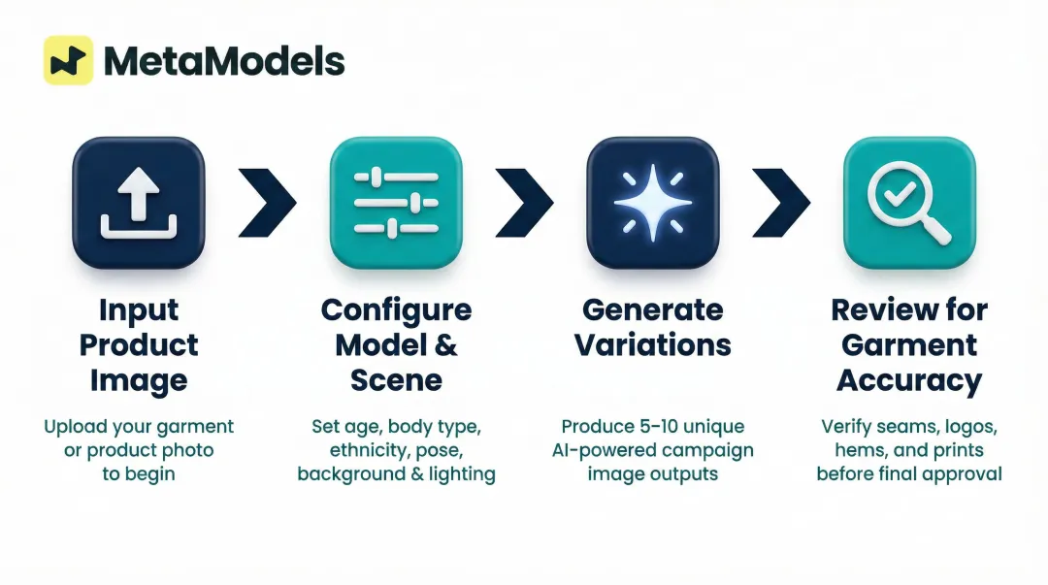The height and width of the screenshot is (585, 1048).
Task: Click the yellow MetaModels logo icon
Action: pyautogui.click(x=69, y=60)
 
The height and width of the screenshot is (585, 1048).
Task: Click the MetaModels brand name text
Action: pyautogui.click(x=224, y=61)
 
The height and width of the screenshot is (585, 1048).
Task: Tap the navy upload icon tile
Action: pyautogui.click(x=139, y=203)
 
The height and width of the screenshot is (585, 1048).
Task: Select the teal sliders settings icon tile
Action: pyautogui.click(x=396, y=203)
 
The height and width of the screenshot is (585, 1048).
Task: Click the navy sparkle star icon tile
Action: pyautogui.click(x=653, y=203)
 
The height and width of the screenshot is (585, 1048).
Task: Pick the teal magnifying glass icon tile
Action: pyautogui.click(x=909, y=203)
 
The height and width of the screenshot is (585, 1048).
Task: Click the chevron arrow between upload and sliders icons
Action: pyautogui.click(x=268, y=202)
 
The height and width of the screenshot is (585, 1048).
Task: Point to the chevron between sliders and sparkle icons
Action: pyautogui.click(x=525, y=202)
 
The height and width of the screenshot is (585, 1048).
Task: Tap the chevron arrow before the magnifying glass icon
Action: pyautogui.click(x=782, y=202)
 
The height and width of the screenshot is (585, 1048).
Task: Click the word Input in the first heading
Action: pyautogui.click(x=139, y=311)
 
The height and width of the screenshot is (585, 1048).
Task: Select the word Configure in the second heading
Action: pyautogui.click(x=396, y=310)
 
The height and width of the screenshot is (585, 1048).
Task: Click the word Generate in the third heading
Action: pyautogui.click(x=653, y=310)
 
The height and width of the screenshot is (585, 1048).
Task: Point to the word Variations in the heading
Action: pyautogui.click(x=653, y=344)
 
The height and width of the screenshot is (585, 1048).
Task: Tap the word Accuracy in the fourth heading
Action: pyautogui.click(x=909, y=379)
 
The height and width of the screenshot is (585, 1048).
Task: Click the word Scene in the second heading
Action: pyautogui.click(x=396, y=379)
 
